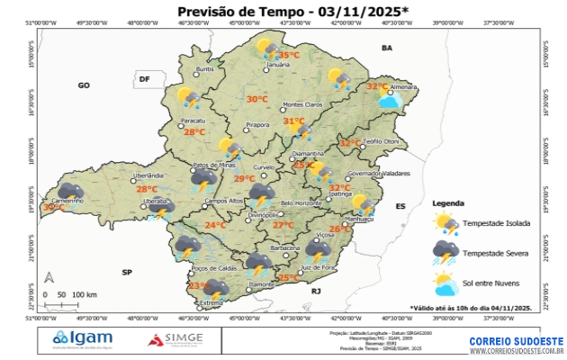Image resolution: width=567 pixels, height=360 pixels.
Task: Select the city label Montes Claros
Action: tap(302, 104)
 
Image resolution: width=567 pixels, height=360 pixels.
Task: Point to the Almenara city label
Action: tap(402, 86)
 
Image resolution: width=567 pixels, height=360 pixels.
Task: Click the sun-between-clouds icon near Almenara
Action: tap(390, 100)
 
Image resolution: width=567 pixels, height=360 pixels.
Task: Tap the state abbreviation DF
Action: tap(143, 80)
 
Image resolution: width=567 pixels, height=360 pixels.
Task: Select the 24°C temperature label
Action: tap(215, 225)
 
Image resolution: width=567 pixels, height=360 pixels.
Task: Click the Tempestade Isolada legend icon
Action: tap(446, 223)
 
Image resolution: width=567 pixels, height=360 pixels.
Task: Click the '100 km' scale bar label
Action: tap(84, 294)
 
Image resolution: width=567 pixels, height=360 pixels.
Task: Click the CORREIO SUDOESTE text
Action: tap(516, 341)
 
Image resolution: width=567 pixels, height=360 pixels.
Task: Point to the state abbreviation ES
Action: tap(400, 206)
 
